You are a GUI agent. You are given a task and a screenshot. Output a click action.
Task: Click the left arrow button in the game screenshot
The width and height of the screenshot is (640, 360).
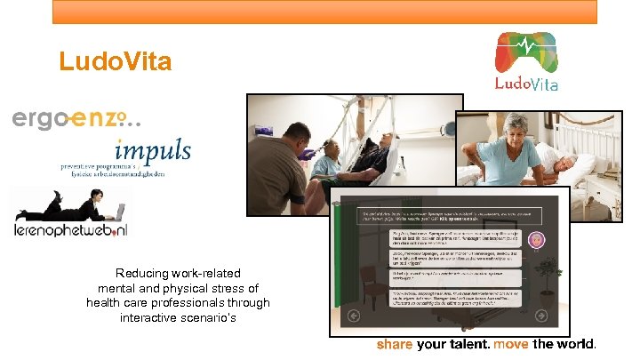click(x=353, y=316)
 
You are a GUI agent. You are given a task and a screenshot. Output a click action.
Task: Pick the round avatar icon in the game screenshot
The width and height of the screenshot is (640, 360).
click(x=536, y=240)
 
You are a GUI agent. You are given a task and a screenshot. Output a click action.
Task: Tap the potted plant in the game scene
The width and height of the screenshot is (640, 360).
click(x=543, y=276)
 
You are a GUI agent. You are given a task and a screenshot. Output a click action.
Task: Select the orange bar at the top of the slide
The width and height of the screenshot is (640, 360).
click(x=324, y=12)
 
